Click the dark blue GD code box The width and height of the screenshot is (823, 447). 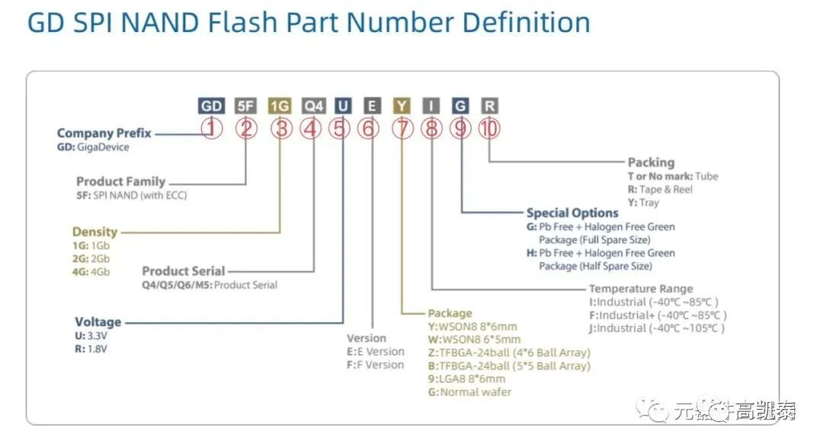point(211,106)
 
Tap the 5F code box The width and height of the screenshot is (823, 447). point(245,106)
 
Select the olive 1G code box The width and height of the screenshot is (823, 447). point(280,106)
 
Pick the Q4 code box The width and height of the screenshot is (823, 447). point(312,106)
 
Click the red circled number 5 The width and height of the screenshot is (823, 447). point(340,129)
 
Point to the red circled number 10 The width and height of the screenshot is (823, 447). point(488,129)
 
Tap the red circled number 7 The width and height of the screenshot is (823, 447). point(402,129)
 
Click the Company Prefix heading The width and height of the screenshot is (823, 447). point(104,133)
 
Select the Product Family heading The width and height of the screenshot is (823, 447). point(120,181)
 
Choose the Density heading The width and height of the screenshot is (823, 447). point(94,231)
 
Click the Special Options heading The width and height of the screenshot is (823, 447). point(572,213)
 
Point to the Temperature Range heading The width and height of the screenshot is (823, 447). point(641,289)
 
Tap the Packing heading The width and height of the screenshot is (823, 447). point(651,162)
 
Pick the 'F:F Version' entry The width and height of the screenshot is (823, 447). point(375,365)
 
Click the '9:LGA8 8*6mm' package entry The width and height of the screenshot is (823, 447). point(466,378)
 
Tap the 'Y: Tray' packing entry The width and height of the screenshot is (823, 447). point(643,203)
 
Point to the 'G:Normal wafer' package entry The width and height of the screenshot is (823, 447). point(469,392)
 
